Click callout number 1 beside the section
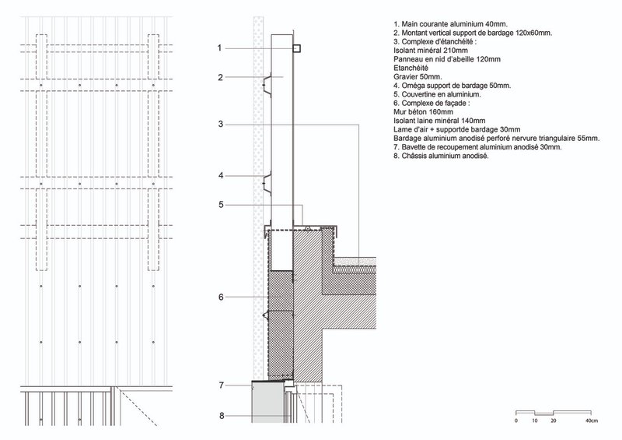(221, 48)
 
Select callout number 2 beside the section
(221, 77)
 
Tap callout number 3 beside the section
(221, 124)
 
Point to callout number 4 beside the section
(221, 176)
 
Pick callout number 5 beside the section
(221, 205)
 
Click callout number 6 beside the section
(221, 297)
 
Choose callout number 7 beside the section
(221, 385)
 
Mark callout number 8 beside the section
(221, 416)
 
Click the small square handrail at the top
(297, 48)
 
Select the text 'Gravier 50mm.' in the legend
(419, 76)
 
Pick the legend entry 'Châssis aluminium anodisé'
(441, 156)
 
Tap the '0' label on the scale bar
(516, 421)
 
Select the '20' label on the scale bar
(554, 421)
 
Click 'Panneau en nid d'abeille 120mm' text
(447, 58)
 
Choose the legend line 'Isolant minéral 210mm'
(430, 50)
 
